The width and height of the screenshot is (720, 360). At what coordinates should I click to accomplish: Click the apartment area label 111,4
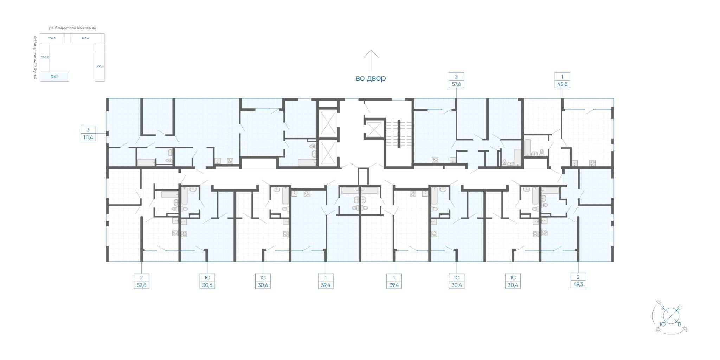tap(88, 137)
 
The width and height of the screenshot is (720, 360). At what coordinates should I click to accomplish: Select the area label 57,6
tap(456, 84)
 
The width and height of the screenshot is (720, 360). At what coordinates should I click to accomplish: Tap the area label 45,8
tap(562, 84)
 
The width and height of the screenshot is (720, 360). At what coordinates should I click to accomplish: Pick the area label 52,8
tap(141, 285)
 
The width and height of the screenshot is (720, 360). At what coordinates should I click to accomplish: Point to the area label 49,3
tap(578, 284)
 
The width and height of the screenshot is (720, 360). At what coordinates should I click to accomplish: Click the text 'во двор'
tap(371, 78)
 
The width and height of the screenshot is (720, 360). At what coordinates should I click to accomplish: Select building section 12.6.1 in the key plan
tap(54, 77)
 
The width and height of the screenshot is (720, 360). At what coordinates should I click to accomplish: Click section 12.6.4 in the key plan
tap(85, 38)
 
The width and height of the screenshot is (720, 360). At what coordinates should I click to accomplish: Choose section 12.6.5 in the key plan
tap(99, 66)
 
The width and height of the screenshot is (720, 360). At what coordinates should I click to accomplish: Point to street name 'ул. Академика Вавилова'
tap(73, 27)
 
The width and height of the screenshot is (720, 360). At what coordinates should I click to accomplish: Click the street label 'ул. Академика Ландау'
tap(35, 57)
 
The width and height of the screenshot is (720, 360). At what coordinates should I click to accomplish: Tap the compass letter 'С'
tap(679, 308)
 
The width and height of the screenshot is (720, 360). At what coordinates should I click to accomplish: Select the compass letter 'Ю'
tap(662, 324)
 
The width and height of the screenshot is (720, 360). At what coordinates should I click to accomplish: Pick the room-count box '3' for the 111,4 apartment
tap(88, 130)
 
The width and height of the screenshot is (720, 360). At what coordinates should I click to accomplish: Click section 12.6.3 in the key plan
tap(52, 38)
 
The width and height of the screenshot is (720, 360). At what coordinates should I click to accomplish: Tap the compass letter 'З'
tap(662, 308)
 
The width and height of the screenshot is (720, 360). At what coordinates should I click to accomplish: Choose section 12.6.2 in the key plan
tap(45, 57)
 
